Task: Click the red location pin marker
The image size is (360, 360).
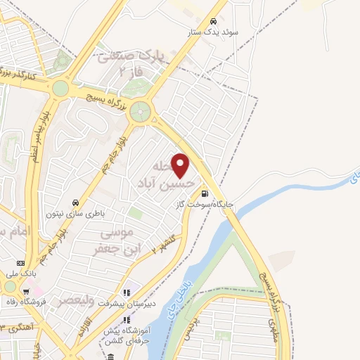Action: point(181,166)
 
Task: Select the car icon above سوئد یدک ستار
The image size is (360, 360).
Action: point(212,21)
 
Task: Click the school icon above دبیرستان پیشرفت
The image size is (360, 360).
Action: point(127,292)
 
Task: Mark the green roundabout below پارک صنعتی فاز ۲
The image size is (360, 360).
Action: point(141,110)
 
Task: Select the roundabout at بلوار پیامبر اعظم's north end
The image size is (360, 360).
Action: point(60,88)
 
